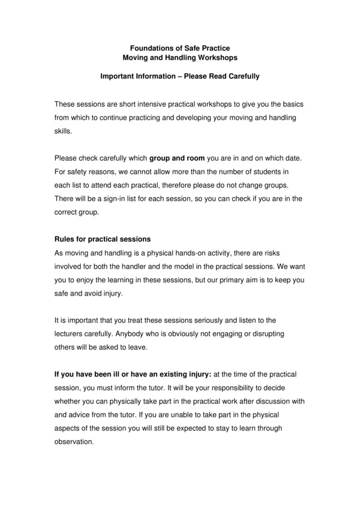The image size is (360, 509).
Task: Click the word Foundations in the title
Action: [x=151, y=47]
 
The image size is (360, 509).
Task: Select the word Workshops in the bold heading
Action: [x=214, y=58]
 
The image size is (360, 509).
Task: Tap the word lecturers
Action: [x=71, y=333]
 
